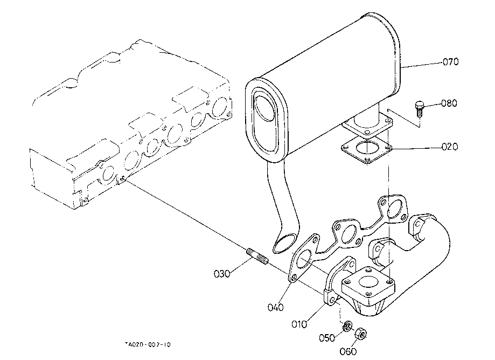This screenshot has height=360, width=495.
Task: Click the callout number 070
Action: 450,61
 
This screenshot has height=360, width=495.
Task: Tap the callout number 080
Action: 449,103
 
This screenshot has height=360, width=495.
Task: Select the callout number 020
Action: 450,147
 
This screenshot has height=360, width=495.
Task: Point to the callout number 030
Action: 222,274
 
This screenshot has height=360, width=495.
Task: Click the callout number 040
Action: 276,307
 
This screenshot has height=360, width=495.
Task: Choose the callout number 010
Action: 299,324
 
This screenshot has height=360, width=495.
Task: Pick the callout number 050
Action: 327,338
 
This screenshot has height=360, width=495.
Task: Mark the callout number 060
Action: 348,351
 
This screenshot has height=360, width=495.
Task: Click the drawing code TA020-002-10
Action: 148,344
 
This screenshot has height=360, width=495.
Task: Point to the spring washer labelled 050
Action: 347,326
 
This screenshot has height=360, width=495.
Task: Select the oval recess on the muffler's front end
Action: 266,122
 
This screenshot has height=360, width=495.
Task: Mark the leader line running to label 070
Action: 421,65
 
